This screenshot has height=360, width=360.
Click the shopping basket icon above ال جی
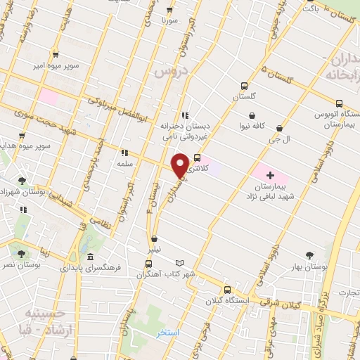click(280, 129)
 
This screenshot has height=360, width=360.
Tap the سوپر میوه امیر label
click(55, 65)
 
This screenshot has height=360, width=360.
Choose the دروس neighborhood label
click(172, 72)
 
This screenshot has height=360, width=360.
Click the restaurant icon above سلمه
click(124, 153)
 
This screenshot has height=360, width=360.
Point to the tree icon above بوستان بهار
click(309, 255)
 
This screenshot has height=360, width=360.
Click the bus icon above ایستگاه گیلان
click(226, 290)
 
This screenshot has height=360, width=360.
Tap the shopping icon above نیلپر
click(154, 239)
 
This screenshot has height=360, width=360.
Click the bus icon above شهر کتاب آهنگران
click(148, 264)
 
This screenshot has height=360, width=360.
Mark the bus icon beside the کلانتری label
click(197, 158)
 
